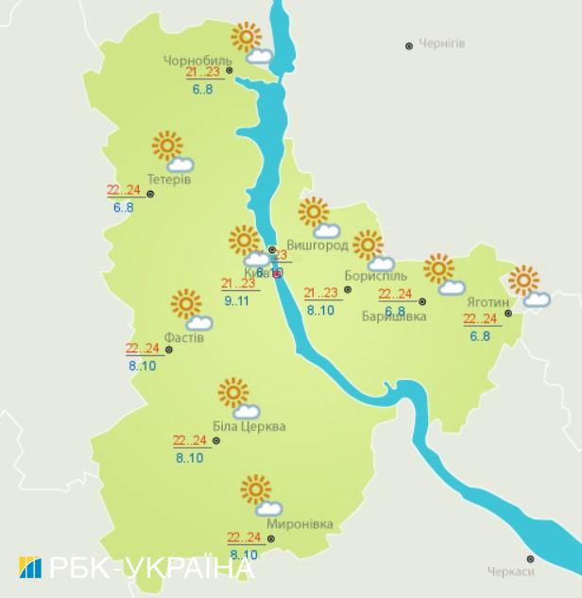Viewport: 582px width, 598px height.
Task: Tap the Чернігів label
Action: [443, 44]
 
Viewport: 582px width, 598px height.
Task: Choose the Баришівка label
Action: [394, 316]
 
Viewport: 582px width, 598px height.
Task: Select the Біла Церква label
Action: [248, 426]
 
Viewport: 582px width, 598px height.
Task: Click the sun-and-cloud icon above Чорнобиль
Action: [250, 43]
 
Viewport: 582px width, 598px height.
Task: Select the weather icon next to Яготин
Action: [527, 287]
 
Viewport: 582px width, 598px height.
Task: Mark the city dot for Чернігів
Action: [409, 44]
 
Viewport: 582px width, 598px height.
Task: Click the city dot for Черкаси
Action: [531, 558]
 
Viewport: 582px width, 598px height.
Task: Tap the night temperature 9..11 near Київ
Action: [237, 300]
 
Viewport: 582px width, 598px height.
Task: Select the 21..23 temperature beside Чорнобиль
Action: [202, 72]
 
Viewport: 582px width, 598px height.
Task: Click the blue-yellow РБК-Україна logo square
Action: [29, 567]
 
